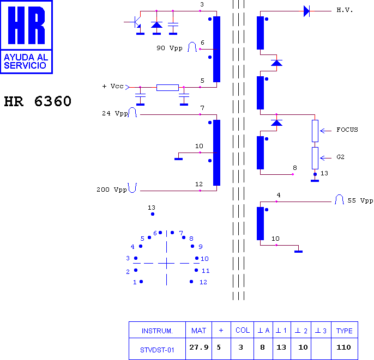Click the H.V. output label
click(x=345, y=10)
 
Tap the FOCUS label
click(x=347, y=130)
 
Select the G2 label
click(x=340, y=157)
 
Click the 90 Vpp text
click(x=170, y=48)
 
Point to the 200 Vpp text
click(x=112, y=190)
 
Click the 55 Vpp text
click(x=360, y=200)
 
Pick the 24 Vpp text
click(x=115, y=113)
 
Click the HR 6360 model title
click(x=38, y=101)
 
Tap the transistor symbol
click(x=135, y=23)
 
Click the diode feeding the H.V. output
click(x=306, y=11)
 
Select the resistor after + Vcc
click(x=167, y=88)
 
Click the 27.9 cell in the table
click(x=198, y=347)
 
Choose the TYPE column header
click(x=344, y=331)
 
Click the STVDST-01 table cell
click(x=157, y=350)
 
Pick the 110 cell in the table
click(x=343, y=347)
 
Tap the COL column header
click(x=243, y=330)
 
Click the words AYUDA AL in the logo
click(x=26, y=57)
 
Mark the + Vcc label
click(x=113, y=86)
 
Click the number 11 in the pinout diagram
click(x=206, y=271)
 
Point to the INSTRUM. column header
click(x=157, y=331)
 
